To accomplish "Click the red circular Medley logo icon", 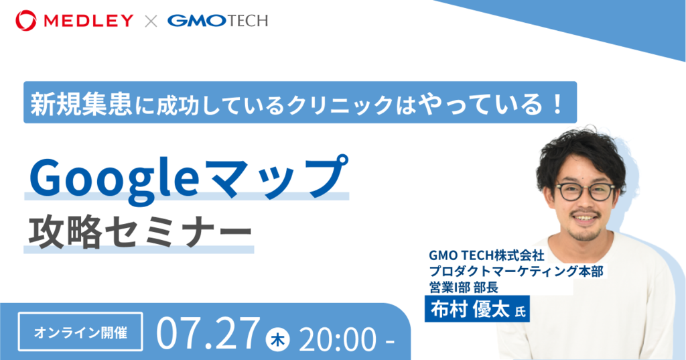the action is point(26,21).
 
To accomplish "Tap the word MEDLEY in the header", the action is point(88,21).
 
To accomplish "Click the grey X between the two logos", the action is point(151,21).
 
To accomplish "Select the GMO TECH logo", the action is point(218,21).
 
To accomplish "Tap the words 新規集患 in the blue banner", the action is point(80,105).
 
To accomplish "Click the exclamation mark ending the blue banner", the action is point(557,104).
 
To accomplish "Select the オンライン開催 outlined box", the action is point(80,332).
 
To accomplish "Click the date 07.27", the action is point(208,334).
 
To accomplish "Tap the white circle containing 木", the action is point(277,339).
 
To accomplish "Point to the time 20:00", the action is point(338,339).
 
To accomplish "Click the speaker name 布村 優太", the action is point(470,310).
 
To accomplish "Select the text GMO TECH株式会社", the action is point(486,255).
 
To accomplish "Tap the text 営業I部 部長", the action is point(464,288).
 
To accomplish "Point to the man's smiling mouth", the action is point(585,217).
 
